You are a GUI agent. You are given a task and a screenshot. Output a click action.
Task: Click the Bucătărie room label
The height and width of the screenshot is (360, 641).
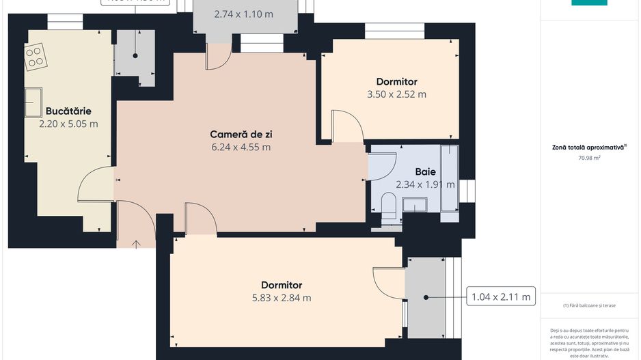pos(68,111)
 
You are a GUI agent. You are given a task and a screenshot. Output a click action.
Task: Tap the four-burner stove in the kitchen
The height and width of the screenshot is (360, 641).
pos(35,56)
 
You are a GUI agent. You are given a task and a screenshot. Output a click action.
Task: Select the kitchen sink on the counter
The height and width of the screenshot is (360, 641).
pos(33,102)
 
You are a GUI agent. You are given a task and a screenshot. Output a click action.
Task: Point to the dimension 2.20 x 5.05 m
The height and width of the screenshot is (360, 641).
pos(68,124)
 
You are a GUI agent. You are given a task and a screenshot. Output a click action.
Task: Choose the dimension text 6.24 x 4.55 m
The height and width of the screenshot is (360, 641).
pos(241,147)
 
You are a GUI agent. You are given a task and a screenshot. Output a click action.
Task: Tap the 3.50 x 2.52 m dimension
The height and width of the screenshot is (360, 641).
pos(396,94)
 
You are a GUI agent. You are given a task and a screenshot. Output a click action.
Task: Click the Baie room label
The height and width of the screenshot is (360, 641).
pos(426,171)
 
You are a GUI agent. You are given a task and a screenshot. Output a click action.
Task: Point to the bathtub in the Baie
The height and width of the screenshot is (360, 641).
pos(449,178)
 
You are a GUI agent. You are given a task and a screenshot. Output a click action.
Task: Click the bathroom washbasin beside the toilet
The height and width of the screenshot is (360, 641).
pos(414,205)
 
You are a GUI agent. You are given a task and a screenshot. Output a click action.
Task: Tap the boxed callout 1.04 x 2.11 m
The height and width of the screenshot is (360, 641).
pos(500,298)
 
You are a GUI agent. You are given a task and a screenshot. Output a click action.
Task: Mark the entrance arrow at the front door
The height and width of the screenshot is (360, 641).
pos(136,243)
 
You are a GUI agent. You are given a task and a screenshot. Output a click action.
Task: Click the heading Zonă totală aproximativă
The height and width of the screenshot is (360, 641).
pos(588,147)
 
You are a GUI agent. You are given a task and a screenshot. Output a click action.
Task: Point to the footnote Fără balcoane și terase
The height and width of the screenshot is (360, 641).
pos(589,305)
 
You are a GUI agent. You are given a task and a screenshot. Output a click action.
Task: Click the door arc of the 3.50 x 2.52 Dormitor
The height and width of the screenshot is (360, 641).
pos(349,126)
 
